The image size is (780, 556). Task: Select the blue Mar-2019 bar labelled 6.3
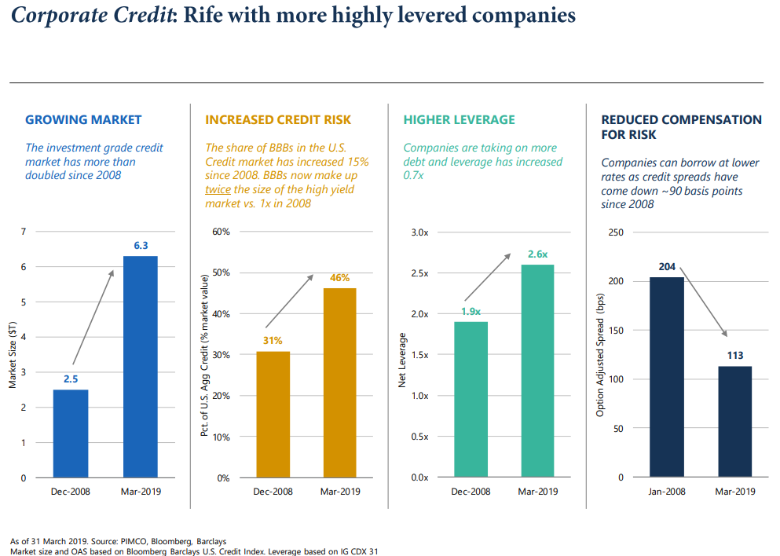tap(140, 367)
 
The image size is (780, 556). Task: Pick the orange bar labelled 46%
tap(339, 382)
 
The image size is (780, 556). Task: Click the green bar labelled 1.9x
tap(471, 399)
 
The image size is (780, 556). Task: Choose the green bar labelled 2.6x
tap(537, 371)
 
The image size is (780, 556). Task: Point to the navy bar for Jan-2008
tap(667, 377)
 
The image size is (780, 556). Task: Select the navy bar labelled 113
tap(734, 422)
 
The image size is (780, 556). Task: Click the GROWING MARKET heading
tap(83, 120)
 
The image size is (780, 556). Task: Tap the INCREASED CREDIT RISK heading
tap(277, 120)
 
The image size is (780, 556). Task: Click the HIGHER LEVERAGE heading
tap(459, 120)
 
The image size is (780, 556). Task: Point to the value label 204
tap(667, 267)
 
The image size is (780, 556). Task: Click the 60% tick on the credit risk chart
tap(221, 232)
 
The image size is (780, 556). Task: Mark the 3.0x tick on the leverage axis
tap(419, 232)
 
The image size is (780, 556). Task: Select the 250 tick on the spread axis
tap(616, 232)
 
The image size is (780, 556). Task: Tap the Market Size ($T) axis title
tap(13, 355)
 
